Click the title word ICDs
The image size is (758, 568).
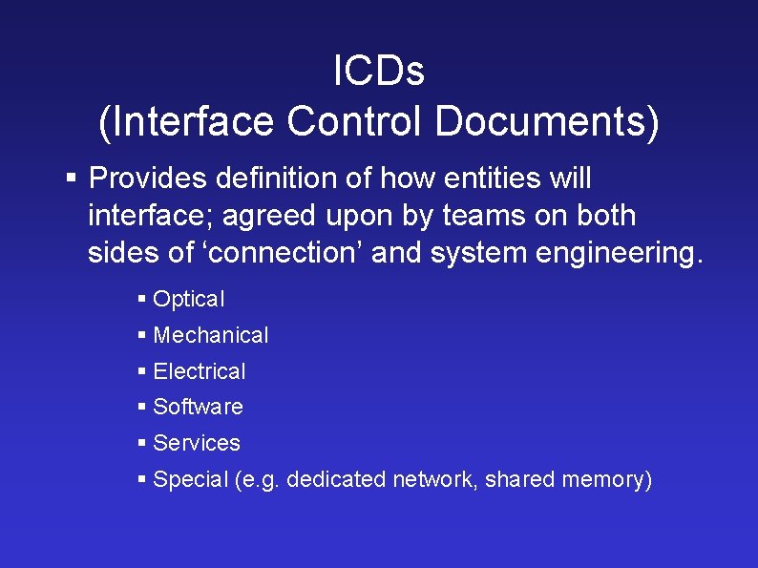pos(379,70)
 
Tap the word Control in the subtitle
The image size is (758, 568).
pos(354,121)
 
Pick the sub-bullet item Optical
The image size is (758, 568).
pos(189,300)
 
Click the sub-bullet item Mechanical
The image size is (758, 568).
pos(211,335)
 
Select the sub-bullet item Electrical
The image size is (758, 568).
pos(200,371)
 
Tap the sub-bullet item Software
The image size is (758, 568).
pos(198,407)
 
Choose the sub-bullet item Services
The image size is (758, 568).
pos(197,443)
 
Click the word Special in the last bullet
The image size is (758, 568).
pos(190,479)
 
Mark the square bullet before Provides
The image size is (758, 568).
pos(72,178)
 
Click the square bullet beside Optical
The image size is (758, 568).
pos(142,299)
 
